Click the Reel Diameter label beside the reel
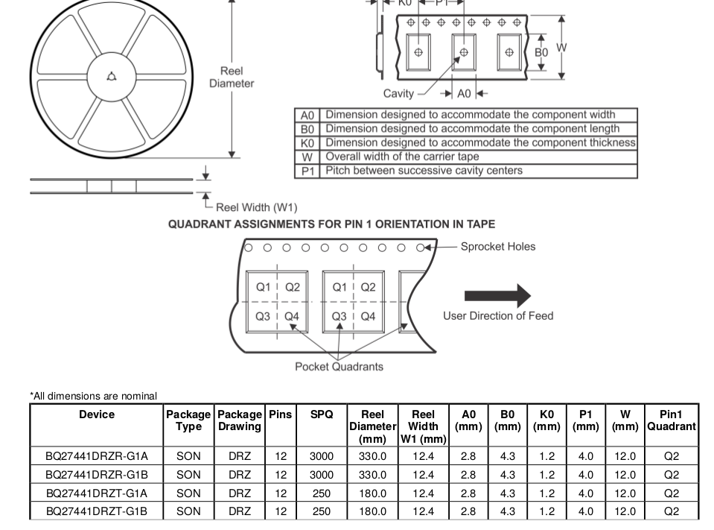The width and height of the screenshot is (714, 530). point(231,77)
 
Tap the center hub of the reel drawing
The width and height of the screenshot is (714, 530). point(111,76)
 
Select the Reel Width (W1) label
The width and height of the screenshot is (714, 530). point(256,207)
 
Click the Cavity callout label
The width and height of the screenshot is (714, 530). point(398,93)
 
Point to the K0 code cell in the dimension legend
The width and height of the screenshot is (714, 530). point(307,143)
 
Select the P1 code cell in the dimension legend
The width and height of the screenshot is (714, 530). point(307,171)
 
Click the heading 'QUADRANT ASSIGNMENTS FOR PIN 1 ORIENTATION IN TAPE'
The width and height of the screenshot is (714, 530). point(331,224)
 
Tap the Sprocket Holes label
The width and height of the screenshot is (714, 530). point(497,247)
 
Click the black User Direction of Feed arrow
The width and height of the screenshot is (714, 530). point(497,296)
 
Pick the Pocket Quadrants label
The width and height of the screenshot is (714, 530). point(339,366)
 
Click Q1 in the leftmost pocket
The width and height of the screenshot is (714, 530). point(264,287)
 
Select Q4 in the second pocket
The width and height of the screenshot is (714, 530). point(368,316)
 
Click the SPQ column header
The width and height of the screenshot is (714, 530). point(322,414)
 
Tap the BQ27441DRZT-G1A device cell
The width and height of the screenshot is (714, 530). point(97,493)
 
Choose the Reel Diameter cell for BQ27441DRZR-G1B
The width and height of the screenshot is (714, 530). point(372,474)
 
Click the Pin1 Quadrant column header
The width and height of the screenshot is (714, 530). point(671,420)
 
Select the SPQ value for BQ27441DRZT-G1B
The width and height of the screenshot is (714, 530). point(322,511)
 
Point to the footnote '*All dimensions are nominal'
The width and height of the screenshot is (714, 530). point(94,396)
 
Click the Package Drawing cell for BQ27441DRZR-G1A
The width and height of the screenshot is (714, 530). point(240,455)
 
